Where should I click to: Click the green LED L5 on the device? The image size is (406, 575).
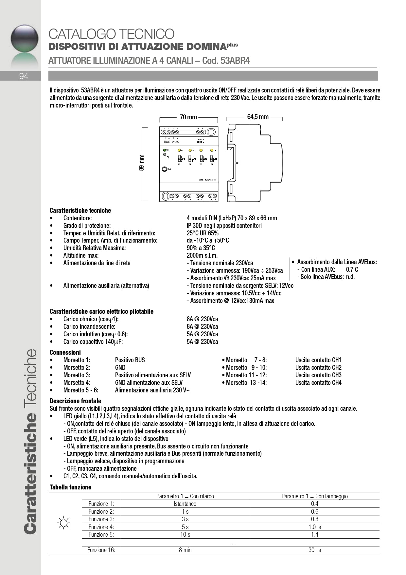165,150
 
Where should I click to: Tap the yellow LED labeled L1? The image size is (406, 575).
179,150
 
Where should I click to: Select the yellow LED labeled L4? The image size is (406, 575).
212,150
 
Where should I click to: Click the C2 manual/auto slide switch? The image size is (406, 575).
190,159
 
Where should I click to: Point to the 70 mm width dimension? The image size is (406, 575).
188,117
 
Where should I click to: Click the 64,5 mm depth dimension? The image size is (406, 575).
258,117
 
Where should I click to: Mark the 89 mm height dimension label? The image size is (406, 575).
142,163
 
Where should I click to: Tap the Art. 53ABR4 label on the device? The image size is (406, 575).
207,180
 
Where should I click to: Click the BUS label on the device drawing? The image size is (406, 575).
167,142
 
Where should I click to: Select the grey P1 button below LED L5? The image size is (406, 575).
165,154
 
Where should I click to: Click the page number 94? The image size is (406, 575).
24,76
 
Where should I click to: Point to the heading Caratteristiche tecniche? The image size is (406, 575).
80,210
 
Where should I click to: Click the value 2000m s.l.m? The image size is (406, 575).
202,255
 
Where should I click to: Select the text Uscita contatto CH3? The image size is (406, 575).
318,375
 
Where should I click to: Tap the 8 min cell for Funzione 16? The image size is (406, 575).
185,550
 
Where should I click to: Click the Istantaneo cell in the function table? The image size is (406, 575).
185,504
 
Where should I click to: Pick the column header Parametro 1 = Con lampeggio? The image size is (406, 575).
314,496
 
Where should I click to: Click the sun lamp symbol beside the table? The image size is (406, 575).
63,523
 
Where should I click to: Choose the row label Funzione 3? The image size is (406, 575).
101,519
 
